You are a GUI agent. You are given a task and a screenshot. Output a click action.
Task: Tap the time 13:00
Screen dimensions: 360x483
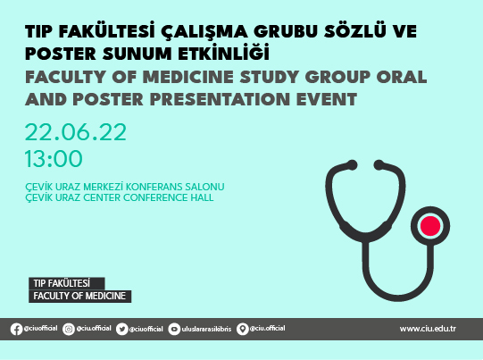[54, 159]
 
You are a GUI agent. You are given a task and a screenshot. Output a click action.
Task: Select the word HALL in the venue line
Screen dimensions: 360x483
[201, 197]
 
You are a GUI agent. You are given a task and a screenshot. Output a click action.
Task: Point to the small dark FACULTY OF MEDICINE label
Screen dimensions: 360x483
[79, 296]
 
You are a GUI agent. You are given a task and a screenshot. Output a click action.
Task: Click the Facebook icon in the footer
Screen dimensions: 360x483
[16, 329]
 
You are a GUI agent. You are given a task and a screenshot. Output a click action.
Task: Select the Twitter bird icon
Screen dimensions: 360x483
[121, 329]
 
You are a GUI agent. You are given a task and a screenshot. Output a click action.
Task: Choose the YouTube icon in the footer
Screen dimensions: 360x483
[174, 329]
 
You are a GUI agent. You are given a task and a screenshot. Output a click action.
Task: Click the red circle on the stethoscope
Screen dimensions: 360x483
[431, 223]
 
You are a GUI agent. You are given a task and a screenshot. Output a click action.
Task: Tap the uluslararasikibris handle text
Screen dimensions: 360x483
[207, 329]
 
